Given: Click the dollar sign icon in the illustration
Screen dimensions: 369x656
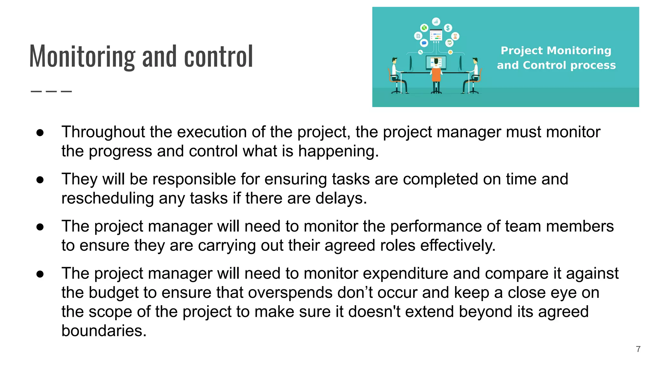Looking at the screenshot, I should (448, 28).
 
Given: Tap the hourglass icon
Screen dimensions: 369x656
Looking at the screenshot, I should (455, 36).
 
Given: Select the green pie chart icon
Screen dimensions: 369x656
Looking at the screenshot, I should (424, 28).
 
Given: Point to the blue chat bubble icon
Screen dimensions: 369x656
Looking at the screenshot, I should (424, 43).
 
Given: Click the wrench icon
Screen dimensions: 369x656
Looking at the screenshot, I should (421, 52).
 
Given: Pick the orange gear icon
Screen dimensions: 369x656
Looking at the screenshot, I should (450, 52).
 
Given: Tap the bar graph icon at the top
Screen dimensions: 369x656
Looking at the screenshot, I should (436, 21).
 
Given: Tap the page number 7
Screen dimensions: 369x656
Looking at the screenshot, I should (638, 349).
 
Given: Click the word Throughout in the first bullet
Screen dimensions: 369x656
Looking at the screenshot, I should (103, 132).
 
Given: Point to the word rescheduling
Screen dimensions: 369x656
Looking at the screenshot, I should (108, 198).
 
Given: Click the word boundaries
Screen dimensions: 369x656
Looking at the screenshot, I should (104, 331).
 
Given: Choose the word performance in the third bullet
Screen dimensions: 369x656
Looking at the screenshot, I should (436, 226).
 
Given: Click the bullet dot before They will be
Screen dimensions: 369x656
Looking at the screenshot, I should (40, 180).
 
